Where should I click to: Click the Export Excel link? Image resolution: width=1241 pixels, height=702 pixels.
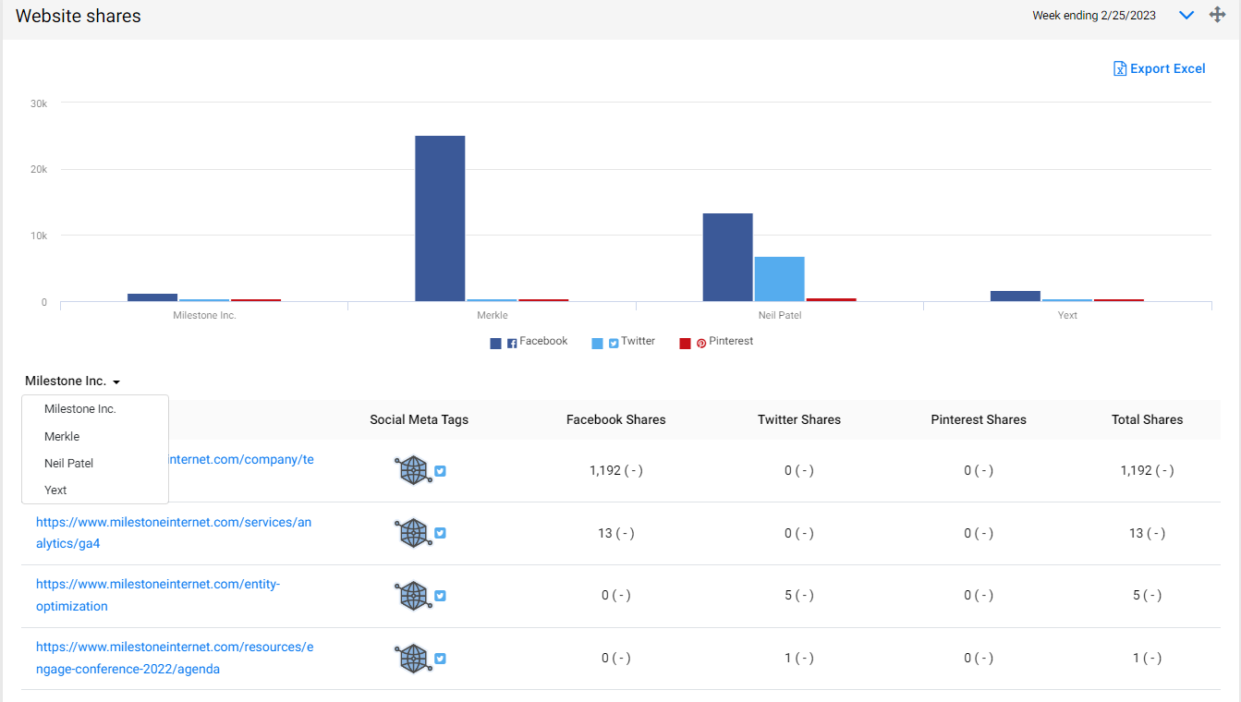pyautogui.click(x=1159, y=68)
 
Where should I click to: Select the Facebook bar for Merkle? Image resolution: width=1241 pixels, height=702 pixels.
pyautogui.click(x=440, y=218)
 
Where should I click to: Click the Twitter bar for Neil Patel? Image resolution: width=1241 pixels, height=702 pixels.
pyautogui.click(x=779, y=278)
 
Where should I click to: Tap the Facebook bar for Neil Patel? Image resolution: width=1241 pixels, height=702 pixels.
pyautogui.click(x=727, y=257)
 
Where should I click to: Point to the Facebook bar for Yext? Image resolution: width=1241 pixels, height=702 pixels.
pyautogui.click(x=1015, y=296)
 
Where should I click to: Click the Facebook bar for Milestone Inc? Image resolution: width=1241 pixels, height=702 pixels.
pyautogui.click(x=152, y=297)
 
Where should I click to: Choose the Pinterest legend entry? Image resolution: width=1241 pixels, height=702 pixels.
pyautogui.click(x=716, y=342)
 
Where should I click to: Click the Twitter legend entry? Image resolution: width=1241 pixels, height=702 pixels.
pyautogui.click(x=623, y=342)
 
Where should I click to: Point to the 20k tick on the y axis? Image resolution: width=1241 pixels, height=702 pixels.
pyautogui.click(x=39, y=169)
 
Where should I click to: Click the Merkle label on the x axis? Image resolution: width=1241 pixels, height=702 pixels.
pyautogui.click(x=492, y=315)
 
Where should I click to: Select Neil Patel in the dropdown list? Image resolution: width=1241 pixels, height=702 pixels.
pyautogui.click(x=68, y=464)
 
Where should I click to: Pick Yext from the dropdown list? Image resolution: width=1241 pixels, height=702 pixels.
pyautogui.click(x=55, y=490)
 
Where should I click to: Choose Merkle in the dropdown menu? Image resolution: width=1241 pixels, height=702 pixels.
pyautogui.click(x=62, y=436)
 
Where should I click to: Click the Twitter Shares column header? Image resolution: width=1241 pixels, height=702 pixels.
pyautogui.click(x=799, y=419)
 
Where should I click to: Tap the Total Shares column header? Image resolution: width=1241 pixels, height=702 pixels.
pyautogui.click(x=1147, y=419)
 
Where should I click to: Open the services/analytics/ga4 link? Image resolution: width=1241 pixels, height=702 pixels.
pyautogui.click(x=174, y=533)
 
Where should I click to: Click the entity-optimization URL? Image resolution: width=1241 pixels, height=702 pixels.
pyautogui.click(x=158, y=595)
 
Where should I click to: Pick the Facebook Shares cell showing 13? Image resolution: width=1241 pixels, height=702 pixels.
pyautogui.click(x=615, y=533)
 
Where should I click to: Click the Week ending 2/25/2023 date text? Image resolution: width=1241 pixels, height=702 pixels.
pyautogui.click(x=1094, y=16)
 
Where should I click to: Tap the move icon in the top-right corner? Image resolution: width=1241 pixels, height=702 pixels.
pyautogui.click(x=1217, y=15)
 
